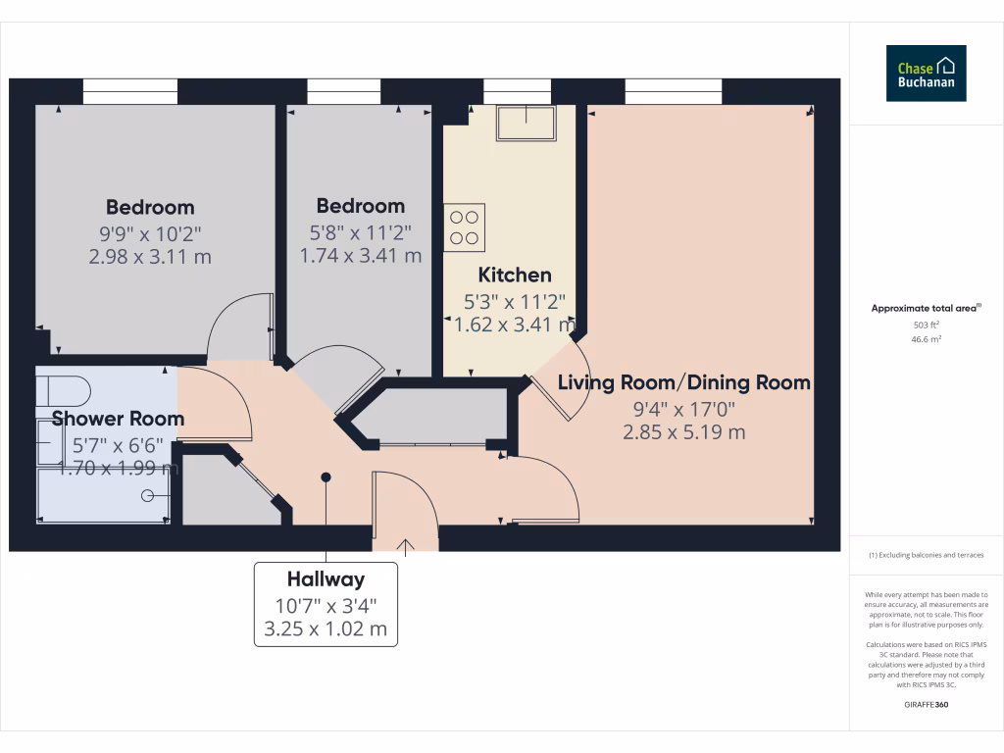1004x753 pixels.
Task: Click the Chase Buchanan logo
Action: tap(926, 74)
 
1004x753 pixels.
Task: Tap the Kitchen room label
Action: tap(514, 276)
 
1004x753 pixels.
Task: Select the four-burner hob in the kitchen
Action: tap(464, 226)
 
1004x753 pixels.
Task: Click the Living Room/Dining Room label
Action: tap(683, 382)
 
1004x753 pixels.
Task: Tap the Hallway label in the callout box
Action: tap(326, 579)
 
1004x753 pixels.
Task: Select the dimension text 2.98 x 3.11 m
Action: tap(150, 257)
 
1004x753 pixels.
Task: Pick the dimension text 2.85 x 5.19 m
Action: tap(683, 431)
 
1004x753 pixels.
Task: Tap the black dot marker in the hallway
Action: tap(326, 477)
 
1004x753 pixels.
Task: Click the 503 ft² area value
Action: tap(927, 325)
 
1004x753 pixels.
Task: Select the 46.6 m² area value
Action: tap(927, 339)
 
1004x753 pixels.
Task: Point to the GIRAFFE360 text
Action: tap(927, 704)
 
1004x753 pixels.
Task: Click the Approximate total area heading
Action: tap(926, 308)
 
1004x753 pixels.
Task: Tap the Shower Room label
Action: tap(118, 420)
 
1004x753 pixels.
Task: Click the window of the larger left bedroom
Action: tap(130, 91)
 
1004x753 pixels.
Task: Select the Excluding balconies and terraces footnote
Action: tap(926, 555)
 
